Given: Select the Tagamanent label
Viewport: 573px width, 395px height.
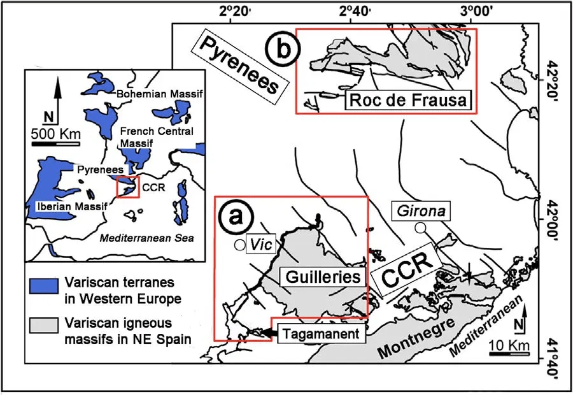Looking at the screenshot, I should coord(330,333).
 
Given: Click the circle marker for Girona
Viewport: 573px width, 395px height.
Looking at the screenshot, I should coord(420,227).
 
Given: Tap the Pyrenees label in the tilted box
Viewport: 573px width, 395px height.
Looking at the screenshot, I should coord(236,69).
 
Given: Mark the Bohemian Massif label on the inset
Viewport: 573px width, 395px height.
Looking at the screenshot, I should coord(160,94).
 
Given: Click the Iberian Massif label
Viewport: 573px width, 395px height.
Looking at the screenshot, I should coord(66,206).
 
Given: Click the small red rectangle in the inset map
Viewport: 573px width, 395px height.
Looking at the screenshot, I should coord(127,187).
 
